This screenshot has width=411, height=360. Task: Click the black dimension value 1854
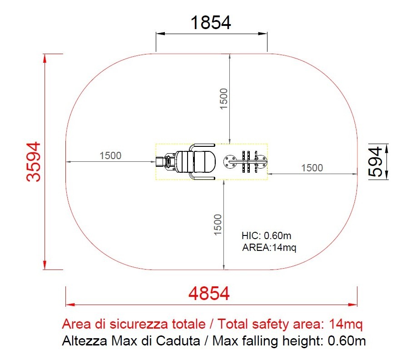click(x=211, y=22)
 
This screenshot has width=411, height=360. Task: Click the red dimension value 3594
click(x=34, y=162)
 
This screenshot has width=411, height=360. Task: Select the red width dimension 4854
click(x=209, y=293)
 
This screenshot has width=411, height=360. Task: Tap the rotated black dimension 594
click(x=375, y=162)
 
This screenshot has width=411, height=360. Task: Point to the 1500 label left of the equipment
click(x=110, y=155)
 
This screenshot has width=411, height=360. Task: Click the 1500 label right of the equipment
click(x=312, y=168)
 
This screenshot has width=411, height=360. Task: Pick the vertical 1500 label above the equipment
click(x=223, y=99)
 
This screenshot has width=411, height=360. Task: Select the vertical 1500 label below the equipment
click(x=218, y=225)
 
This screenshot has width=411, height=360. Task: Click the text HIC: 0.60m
click(x=266, y=235)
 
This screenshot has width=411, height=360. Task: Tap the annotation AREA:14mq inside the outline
click(x=269, y=247)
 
